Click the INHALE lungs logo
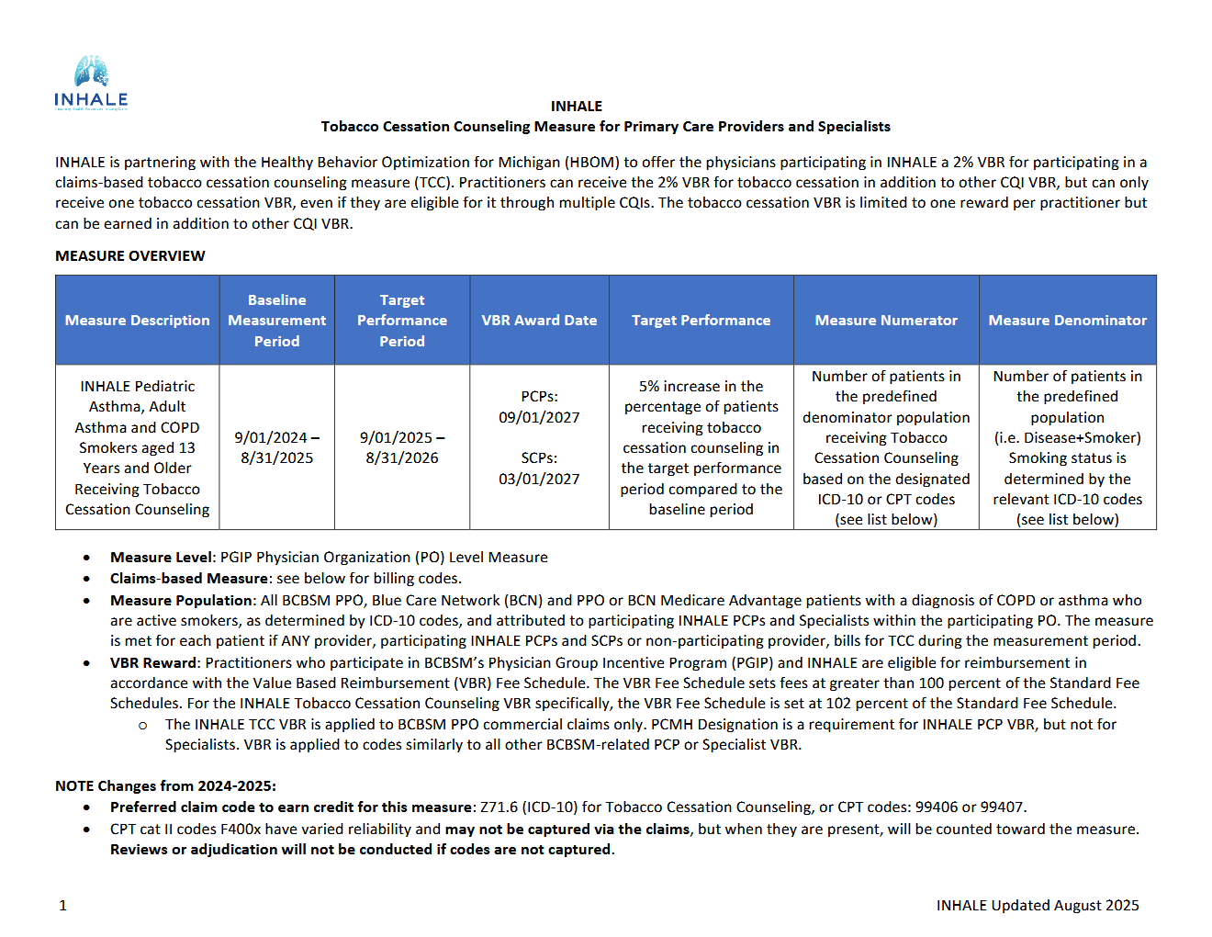coord(91,83)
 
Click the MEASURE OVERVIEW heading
coord(129,256)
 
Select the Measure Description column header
coord(137,321)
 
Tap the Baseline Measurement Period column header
coord(276,321)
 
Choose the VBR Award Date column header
coord(539,321)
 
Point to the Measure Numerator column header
coord(885,321)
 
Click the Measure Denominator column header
coord(1067,321)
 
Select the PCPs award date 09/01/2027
coord(539,417)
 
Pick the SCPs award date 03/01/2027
coord(539,479)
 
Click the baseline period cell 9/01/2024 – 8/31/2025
coord(276,447)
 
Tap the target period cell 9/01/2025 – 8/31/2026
coord(402,447)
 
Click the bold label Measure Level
coord(162,558)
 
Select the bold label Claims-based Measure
coord(189,579)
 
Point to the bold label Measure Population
coord(181,601)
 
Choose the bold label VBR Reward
coord(153,663)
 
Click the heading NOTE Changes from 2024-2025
coord(165,786)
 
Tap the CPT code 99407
coord(1001,807)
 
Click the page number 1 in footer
coord(62,906)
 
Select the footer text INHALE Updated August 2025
coord(1037,906)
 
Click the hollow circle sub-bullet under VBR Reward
coord(142,726)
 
